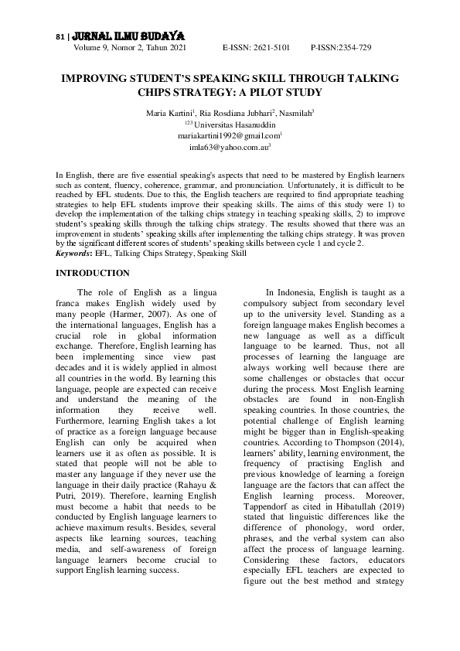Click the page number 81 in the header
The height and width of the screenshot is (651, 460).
coord(60,36)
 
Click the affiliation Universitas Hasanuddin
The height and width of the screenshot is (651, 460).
coord(233,124)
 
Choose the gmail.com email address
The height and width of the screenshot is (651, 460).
coord(228,135)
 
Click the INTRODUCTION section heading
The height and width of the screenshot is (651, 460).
coord(94,273)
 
